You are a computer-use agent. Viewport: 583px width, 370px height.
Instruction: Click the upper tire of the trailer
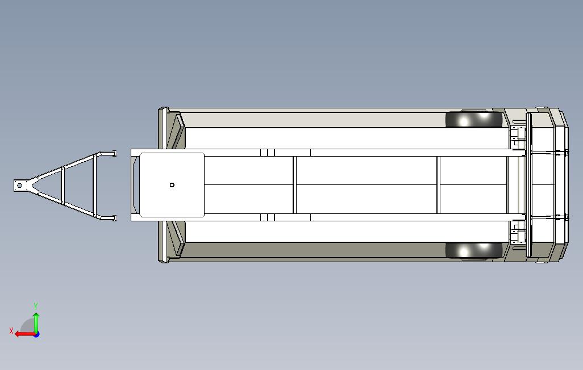pos(474,119)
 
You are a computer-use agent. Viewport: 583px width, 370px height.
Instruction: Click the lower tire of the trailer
pos(474,250)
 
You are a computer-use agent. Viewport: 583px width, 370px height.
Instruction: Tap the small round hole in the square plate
pos(172,184)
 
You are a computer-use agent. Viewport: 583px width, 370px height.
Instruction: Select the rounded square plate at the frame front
pos(172,184)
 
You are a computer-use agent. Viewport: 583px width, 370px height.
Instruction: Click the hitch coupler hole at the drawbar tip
pos(19,186)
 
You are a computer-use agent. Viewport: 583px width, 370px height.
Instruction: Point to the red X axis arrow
pos(25,334)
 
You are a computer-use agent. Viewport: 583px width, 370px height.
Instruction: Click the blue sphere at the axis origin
pos(36,334)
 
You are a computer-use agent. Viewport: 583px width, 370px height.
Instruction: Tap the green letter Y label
pos(36,306)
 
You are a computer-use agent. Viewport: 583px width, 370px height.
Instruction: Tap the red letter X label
pos(11,331)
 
